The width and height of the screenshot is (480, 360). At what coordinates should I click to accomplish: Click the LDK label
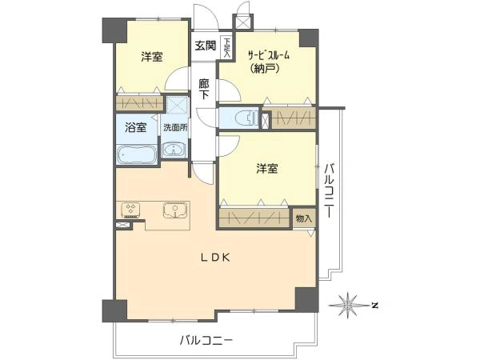pos(215,258)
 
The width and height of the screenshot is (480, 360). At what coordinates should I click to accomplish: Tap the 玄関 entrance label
pos(204,46)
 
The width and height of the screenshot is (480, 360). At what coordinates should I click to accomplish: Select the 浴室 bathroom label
pos(135,127)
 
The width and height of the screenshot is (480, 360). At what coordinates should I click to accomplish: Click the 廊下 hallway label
pos(204,89)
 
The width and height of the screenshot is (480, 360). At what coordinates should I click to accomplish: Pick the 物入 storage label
pos(303,218)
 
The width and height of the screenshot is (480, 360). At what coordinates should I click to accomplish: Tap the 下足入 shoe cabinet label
pos(226,48)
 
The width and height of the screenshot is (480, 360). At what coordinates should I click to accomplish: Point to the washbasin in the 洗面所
pos(173,150)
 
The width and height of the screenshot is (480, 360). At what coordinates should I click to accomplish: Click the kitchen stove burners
pos(131,210)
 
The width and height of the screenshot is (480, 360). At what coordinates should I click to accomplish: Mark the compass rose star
pos(349,304)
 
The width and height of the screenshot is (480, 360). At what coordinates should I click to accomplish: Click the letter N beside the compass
pos(374,305)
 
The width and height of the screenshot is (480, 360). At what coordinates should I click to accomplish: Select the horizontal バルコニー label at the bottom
pos(206,341)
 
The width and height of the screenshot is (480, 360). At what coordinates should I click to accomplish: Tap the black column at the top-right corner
pos(307,38)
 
